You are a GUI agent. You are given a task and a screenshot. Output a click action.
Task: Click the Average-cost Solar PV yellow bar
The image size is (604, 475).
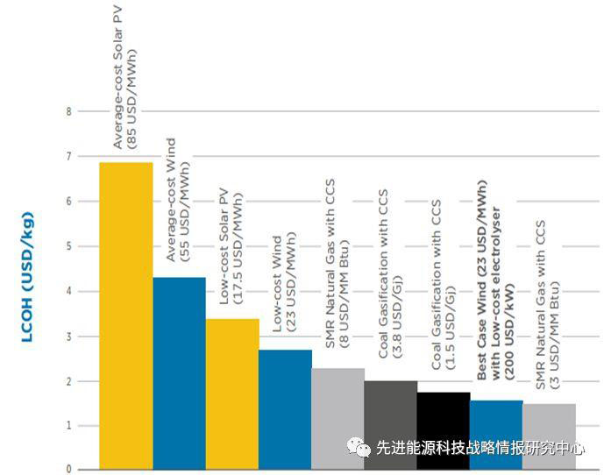126,315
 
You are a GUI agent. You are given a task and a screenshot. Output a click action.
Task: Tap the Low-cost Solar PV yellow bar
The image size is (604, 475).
232,393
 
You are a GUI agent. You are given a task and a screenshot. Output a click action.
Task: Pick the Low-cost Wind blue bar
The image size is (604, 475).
285,408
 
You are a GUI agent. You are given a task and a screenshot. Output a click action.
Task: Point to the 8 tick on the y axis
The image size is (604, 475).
67,111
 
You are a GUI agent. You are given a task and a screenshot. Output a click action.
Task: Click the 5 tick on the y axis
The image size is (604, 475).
67,246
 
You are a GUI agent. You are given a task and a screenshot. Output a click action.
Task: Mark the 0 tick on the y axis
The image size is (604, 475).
67,470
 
